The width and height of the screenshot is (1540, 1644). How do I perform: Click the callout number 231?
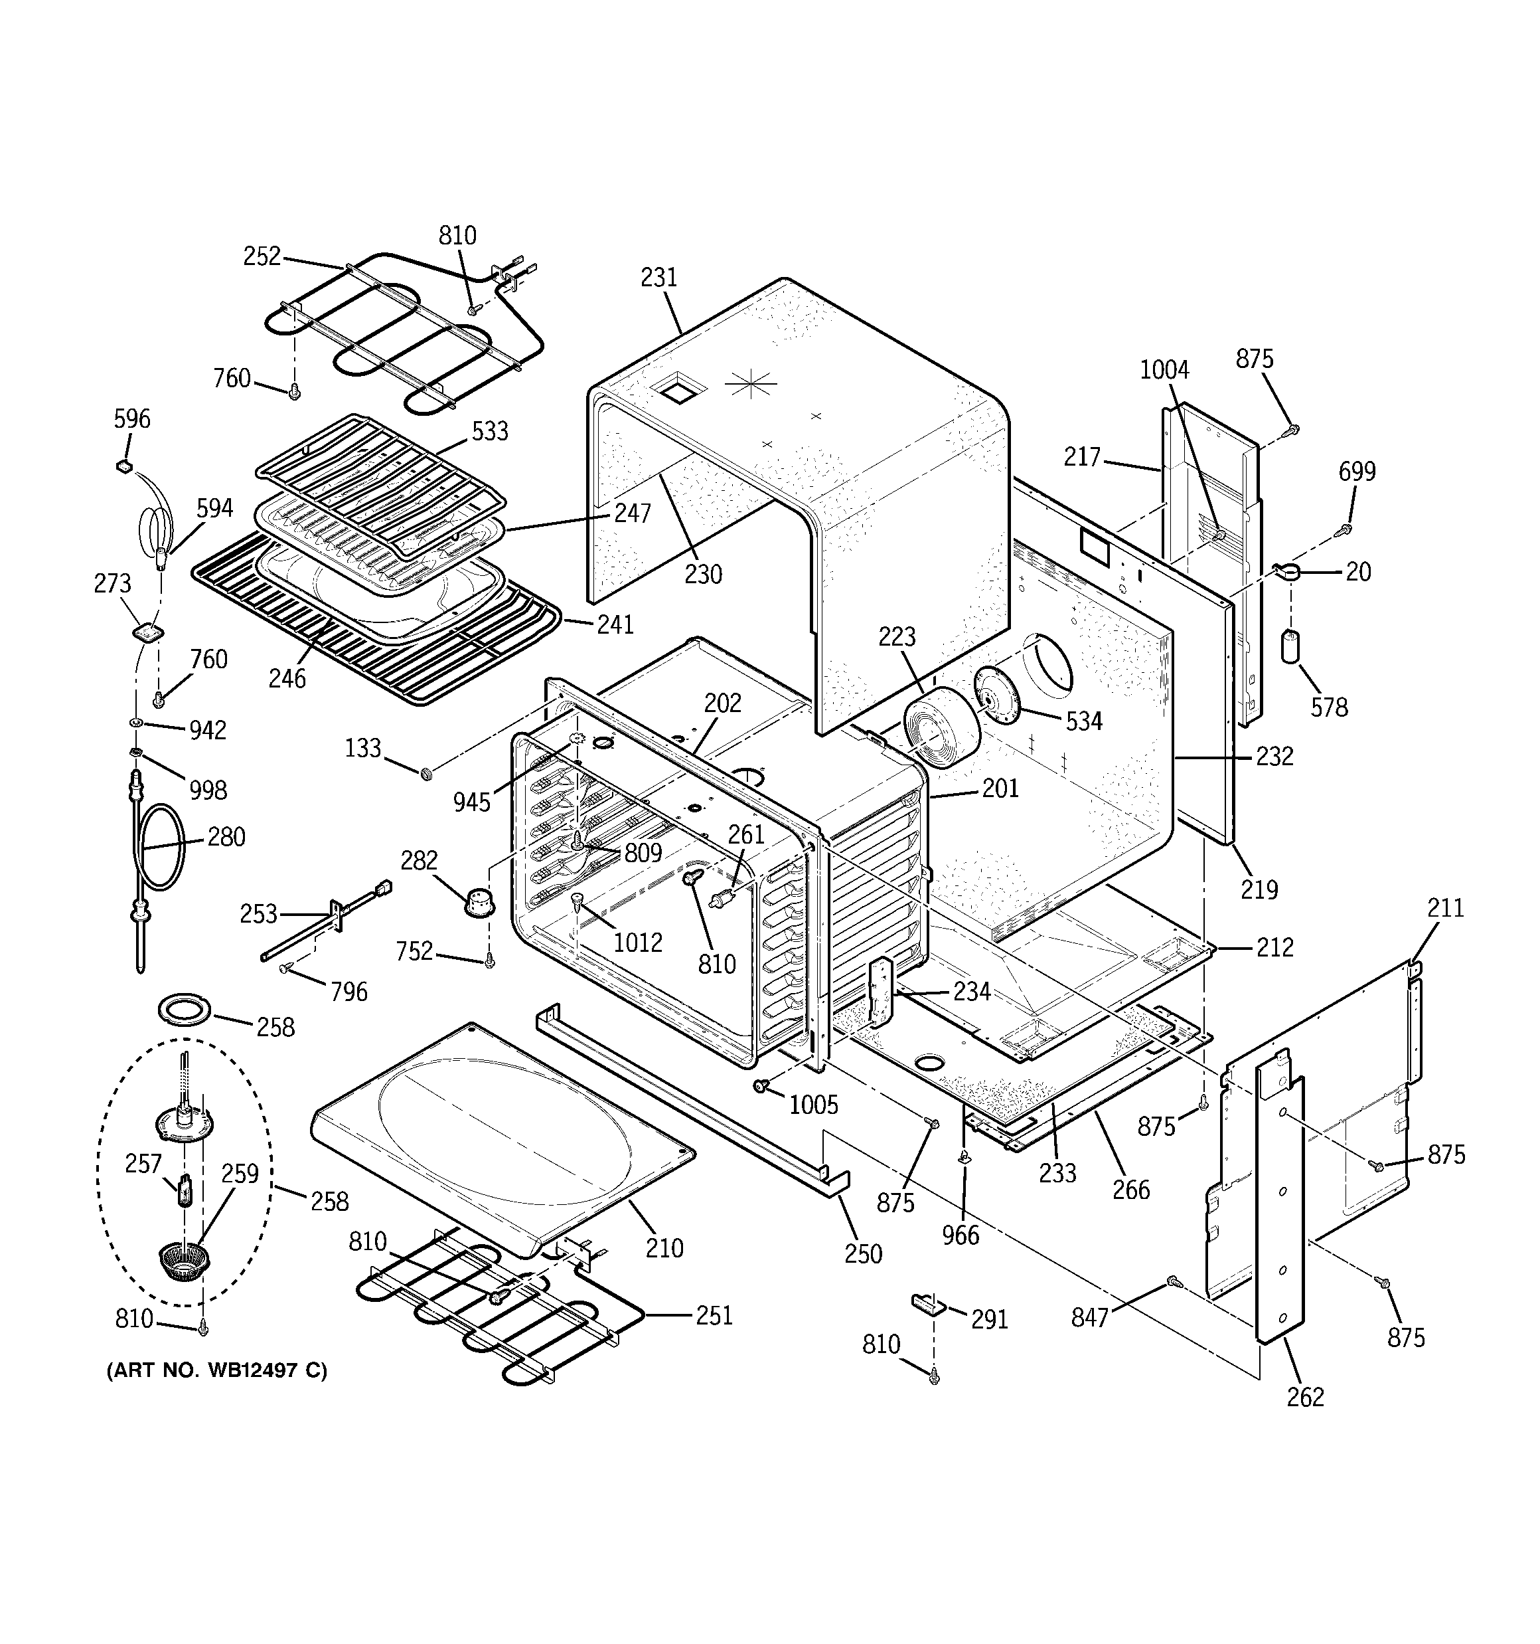pyautogui.click(x=659, y=278)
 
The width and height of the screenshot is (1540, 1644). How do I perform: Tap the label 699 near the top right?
pyautogui.click(x=1357, y=472)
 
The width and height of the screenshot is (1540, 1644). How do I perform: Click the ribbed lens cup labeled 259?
pyautogui.click(x=183, y=1260)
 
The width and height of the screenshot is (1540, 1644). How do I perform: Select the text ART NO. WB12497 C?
pyautogui.click(x=216, y=1371)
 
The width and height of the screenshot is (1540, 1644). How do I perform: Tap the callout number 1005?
pyautogui.click(x=813, y=1105)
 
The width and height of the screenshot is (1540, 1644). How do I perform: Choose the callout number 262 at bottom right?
pyautogui.click(x=1305, y=1397)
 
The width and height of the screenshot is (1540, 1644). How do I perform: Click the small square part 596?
pyautogui.click(x=124, y=467)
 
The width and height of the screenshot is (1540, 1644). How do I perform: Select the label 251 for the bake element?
pyautogui.click(x=714, y=1315)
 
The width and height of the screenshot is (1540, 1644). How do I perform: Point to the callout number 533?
pyautogui.click(x=489, y=431)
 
